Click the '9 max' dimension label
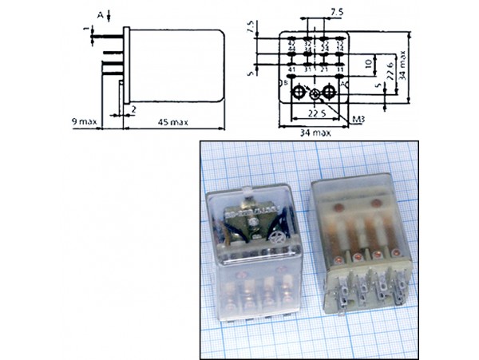pos(83,121)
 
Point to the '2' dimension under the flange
pos(134,108)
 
